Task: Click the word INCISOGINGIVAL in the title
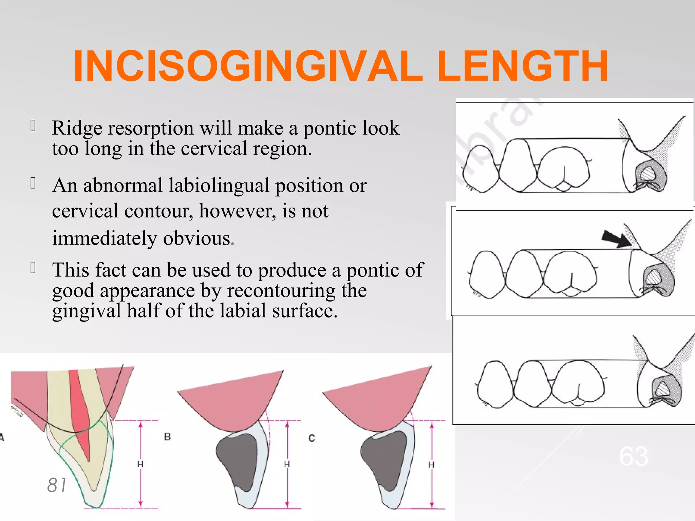[248, 66]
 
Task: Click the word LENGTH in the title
[523, 66]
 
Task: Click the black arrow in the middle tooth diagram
[616, 239]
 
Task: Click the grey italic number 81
[57, 485]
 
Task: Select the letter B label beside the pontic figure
[167, 437]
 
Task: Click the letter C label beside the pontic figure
[312, 438]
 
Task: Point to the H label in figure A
[140, 464]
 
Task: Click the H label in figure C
[431, 465]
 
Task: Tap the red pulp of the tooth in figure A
[81, 414]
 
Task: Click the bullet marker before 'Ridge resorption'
[33, 125]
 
